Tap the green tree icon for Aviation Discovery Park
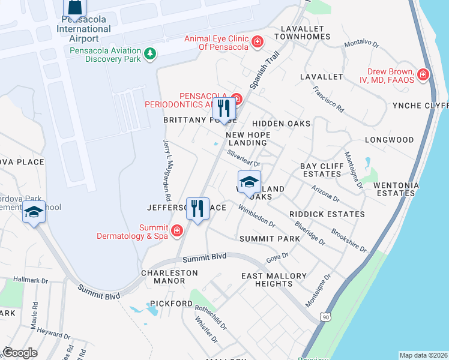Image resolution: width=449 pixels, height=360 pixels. (149, 55)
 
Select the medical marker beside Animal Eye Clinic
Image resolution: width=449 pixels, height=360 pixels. (258, 42)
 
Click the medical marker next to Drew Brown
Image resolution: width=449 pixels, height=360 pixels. (423, 74)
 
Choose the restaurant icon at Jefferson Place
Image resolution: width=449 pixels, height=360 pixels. (197, 209)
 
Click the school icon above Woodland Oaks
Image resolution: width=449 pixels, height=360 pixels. (249, 182)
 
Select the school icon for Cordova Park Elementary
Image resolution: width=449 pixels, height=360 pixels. (34, 214)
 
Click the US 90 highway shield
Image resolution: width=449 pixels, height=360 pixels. (325, 316)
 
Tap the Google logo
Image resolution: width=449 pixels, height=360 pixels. (20, 352)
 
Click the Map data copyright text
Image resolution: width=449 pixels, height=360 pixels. (423, 355)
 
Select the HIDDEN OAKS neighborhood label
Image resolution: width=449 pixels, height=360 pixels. (285, 124)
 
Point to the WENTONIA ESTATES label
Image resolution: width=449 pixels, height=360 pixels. (396, 190)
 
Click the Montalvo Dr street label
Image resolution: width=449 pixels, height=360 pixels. (361, 44)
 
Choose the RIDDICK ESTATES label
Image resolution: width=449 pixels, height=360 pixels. (327, 214)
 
